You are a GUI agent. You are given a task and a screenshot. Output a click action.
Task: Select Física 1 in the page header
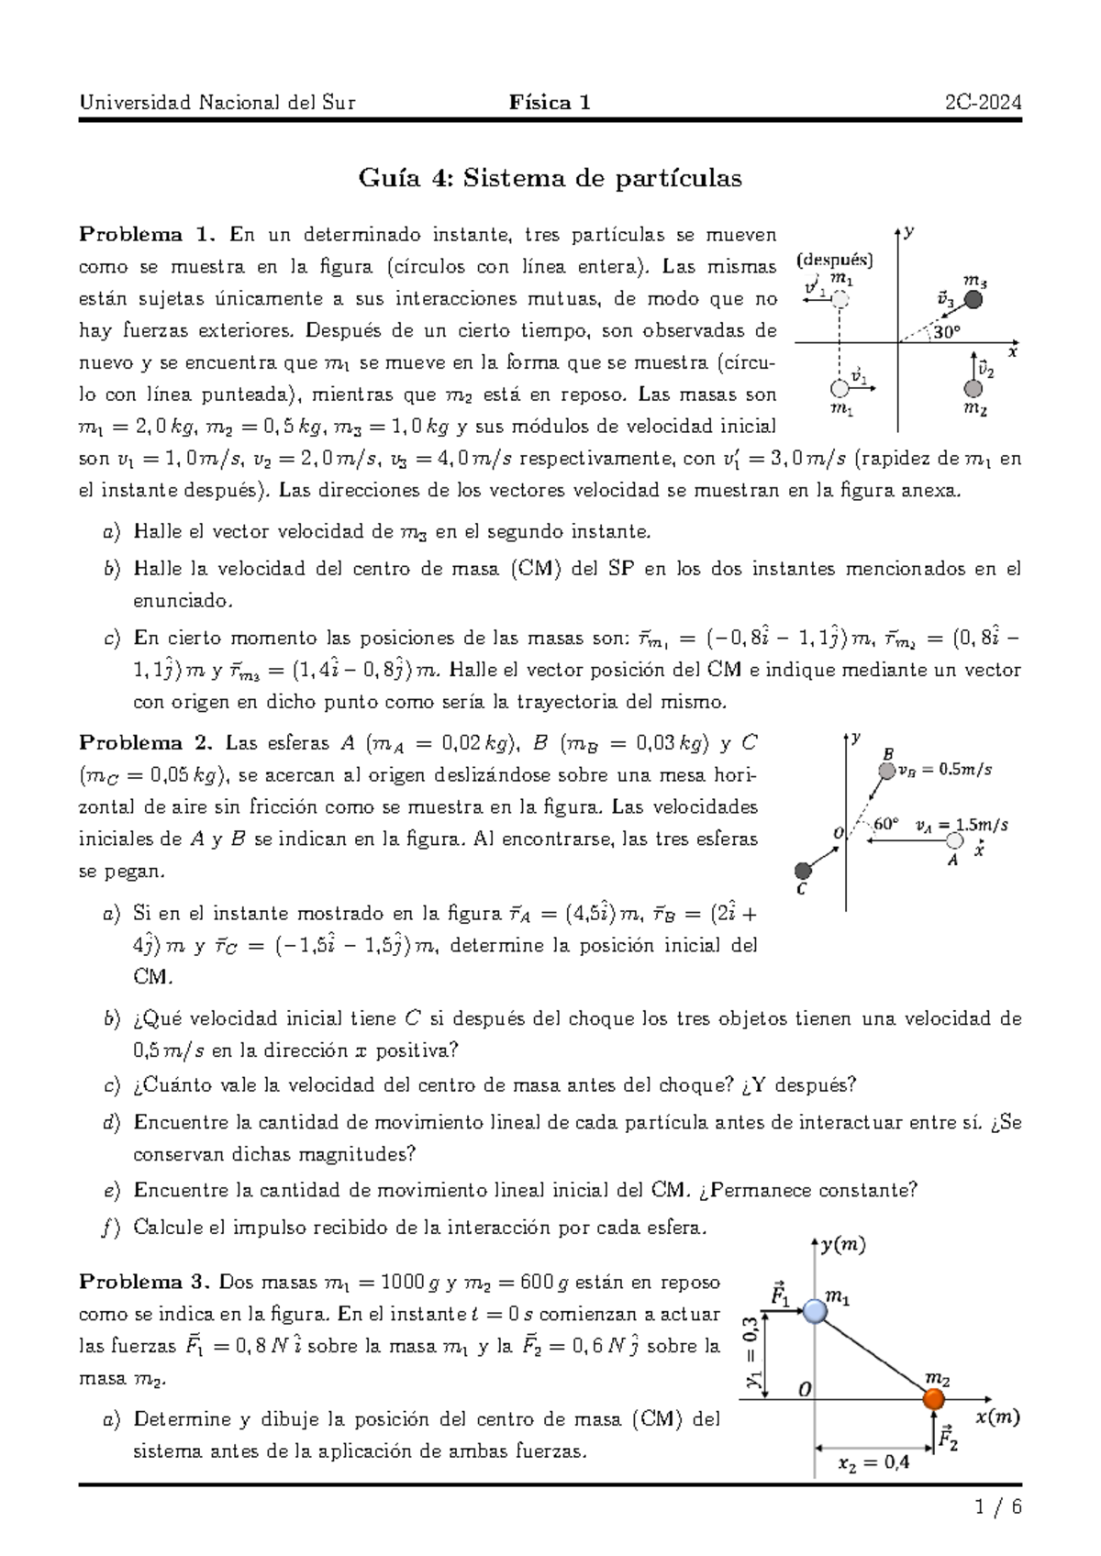click(550, 102)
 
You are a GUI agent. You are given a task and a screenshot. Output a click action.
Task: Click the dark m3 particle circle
click(975, 299)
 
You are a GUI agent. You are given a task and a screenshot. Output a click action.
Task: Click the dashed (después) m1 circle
click(840, 298)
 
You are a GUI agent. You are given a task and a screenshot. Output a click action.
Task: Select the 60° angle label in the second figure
click(885, 823)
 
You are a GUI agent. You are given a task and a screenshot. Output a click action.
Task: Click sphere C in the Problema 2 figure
click(803, 870)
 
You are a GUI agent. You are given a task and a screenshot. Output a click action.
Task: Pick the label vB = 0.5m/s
click(945, 770)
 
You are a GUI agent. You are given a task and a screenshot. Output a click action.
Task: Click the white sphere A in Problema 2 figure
click(955, 840)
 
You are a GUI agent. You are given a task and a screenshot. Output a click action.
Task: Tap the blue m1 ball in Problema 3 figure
click(815, 1311)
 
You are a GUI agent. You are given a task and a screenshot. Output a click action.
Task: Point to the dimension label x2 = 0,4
click(873, 1462)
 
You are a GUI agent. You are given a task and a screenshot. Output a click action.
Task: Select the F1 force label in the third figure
click(780, 1295)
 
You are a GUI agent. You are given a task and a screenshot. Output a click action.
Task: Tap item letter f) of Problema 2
click(111, 1227)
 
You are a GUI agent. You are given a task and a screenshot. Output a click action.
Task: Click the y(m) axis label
click(843, 1245)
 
